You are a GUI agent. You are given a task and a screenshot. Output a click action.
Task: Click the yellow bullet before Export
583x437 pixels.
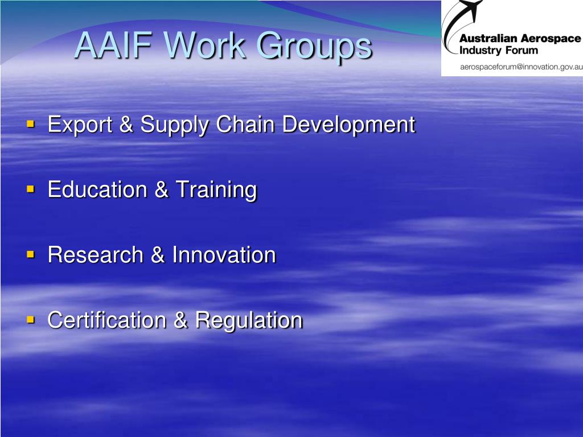point(31,122)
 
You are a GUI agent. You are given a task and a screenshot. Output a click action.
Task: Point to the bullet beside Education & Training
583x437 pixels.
point(31,188)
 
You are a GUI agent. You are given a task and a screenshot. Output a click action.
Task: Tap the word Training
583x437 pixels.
point(216,190)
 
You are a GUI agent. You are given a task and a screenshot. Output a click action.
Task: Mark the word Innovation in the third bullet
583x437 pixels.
point(224,254)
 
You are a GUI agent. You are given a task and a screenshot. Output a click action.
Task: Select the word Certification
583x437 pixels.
point(108,320)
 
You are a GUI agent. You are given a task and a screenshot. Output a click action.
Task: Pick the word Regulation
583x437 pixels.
point(249,321)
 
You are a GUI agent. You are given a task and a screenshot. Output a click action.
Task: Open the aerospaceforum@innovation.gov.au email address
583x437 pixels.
point(521,67)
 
